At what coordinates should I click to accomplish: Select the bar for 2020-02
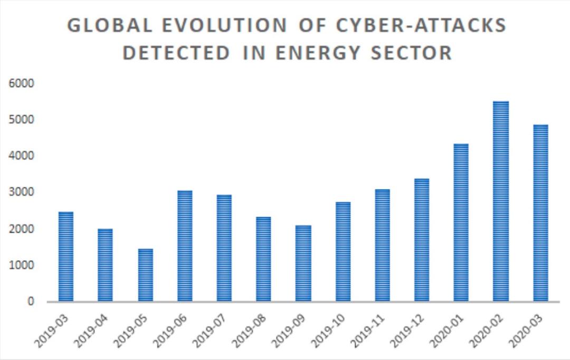click(500, 201)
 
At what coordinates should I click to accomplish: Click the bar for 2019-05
click(146, 275)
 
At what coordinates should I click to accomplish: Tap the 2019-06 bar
click(185, 246)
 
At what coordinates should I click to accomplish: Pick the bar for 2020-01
click(461, 223)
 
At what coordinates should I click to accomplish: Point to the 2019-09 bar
click(303, 263)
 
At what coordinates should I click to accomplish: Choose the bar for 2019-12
click(422, 240)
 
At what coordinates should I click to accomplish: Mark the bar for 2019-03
click(66, 257)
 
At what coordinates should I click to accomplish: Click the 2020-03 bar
click(540, 213)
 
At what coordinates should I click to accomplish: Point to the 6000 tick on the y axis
click(22, 83)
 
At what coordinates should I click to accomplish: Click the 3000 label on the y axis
click(22, 192)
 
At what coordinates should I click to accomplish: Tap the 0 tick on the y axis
click(31, 301)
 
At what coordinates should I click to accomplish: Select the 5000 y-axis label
click(22, 120)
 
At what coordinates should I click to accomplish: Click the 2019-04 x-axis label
click(91, 330)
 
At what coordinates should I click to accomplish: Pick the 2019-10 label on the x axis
click(329, 330)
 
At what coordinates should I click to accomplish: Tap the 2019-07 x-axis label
click(210, 330)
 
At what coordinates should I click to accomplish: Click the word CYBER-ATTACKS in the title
click(421, 25)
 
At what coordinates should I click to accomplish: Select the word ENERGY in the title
click(318, 53)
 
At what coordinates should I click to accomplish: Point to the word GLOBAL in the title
click(110, 25)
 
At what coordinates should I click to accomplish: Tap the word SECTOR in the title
click(412, 53)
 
